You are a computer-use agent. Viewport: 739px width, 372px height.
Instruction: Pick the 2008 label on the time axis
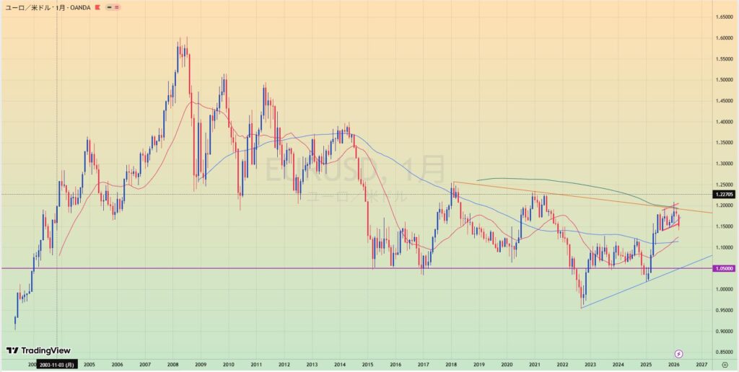pyautogui.click(x=172, y=365)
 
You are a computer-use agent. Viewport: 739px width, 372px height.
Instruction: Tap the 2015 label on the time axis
pyautogui.click(x=368, y=365)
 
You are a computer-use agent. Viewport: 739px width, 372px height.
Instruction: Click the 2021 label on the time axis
pyautogui.click(x=535, y=365)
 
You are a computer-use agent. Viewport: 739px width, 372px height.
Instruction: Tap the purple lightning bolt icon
pyautogui.click(x=678, y=353)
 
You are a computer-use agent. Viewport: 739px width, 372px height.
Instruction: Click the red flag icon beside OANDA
pyautogui.click(x=98, y=6)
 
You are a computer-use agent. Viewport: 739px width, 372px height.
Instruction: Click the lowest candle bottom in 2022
pyautogui.click(x=582, y=308)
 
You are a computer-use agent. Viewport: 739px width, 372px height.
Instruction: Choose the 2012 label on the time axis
pyautogui.click(x=284, y=365)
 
